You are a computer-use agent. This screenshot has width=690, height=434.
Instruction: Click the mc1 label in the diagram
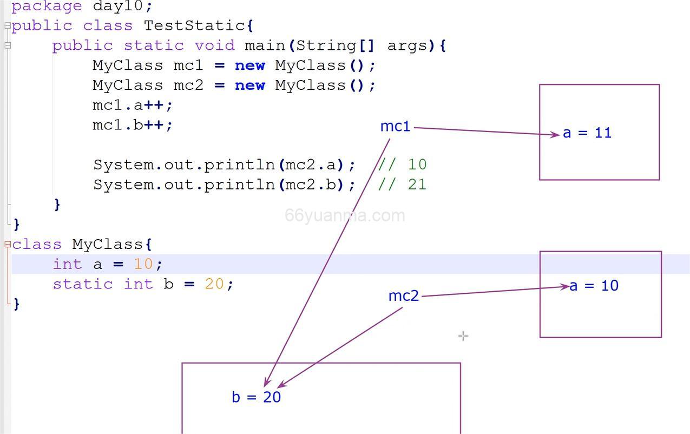pyautogui.click(x=395, y=127)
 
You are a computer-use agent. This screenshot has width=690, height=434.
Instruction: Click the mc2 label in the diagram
pyautogui.click(x=404, y=296)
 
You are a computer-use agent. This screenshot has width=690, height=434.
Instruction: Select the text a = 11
pyautogui.click(x=587, y=133)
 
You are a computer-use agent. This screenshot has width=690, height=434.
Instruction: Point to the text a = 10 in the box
pyautogui.click(x=594, y=286)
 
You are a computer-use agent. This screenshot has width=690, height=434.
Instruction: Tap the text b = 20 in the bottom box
pyautogui.click(x=257, y=397)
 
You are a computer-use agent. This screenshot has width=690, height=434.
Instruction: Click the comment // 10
pyautogui.click(x=402, y=165)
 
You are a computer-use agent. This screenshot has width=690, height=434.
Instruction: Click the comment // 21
pyautogui.click(x=402, y=185)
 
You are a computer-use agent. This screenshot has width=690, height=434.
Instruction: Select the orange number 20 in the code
pyautogui.click(x=214, y=284)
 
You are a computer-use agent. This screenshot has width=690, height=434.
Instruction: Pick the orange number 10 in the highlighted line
pyautogui.click(x=143, y=264)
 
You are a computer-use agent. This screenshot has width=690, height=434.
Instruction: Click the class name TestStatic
pyautogui.click(x=194, y=25)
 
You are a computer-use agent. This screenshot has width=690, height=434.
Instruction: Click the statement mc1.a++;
pyautogui.click(x=133, y=105)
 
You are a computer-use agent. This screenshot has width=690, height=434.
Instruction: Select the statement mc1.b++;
pyautogui.click(x=133, y=125)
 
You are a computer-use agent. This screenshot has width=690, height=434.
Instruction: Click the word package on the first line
pyautogui.click(x=47, y=6)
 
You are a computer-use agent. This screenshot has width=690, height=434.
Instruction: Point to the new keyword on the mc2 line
pyautogui.click(x=249, y=86)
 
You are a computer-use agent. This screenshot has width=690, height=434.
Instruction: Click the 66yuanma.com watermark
pyautogui.click(x=345, y=215)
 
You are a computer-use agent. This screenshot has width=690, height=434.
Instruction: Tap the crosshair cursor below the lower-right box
pyautogui.click(x=463, y=336)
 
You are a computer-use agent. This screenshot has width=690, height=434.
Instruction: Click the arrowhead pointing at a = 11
pyautogui.click(x=556, y=135)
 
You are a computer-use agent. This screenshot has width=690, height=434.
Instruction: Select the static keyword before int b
pyautogui.click(x=83, y=284)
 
